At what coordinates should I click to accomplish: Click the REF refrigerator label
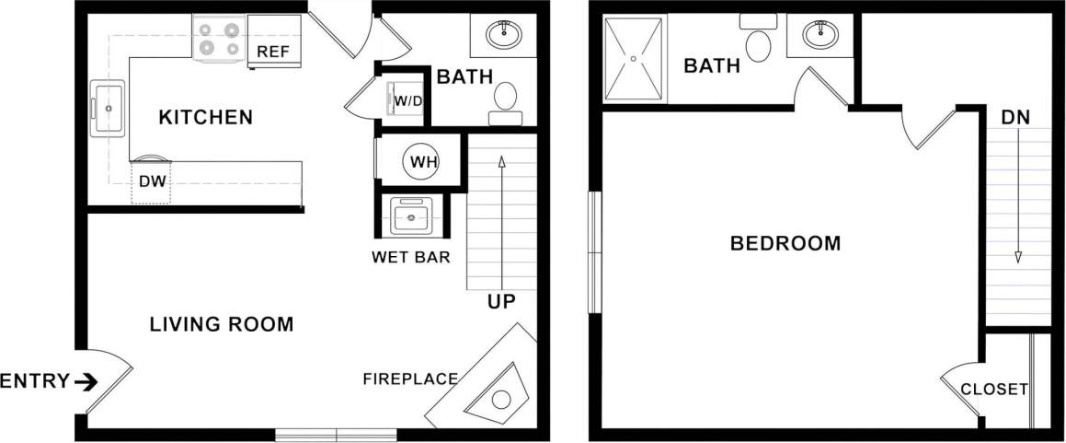(x=272, y=52)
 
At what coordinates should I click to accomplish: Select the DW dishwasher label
(x=152, y=181)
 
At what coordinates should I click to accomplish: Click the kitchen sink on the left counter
(x=109, y=108)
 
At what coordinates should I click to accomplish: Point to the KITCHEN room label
(x=205, y=118)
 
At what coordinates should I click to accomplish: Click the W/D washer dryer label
(x=408, y=99)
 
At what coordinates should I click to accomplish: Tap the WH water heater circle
(x=423, y=162)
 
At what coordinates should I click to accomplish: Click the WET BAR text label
(x=411, y=257)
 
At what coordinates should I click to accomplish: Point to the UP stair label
(x=501, y=301)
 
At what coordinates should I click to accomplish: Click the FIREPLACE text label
(x=410, y=379)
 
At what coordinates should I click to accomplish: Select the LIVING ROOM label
(x=222, y=324)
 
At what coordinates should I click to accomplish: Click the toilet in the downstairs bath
(x=506, y=100)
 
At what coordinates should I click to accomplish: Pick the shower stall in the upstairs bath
(x=634, y=58)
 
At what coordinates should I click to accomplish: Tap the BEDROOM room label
(x=785, y=244)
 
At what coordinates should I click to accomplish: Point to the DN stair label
(x=1015, y=118)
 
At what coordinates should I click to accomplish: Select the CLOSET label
(x=994, y=390)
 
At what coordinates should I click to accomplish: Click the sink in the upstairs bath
(x=820, y=36)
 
